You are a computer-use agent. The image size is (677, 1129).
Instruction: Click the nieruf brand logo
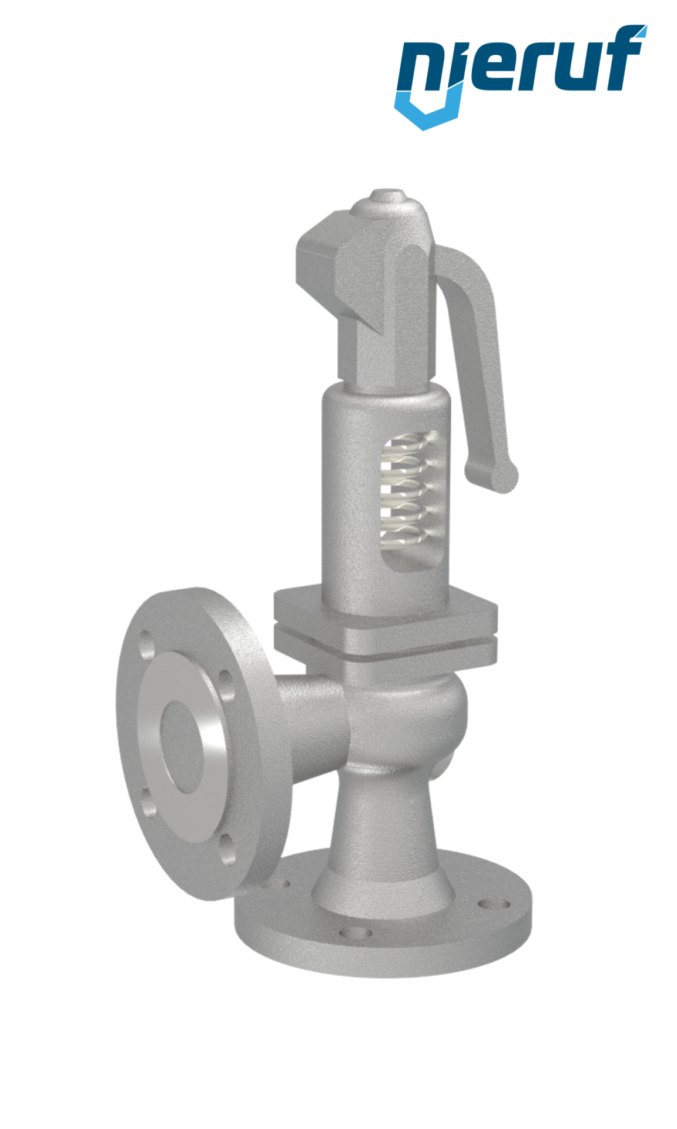(520, 74)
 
